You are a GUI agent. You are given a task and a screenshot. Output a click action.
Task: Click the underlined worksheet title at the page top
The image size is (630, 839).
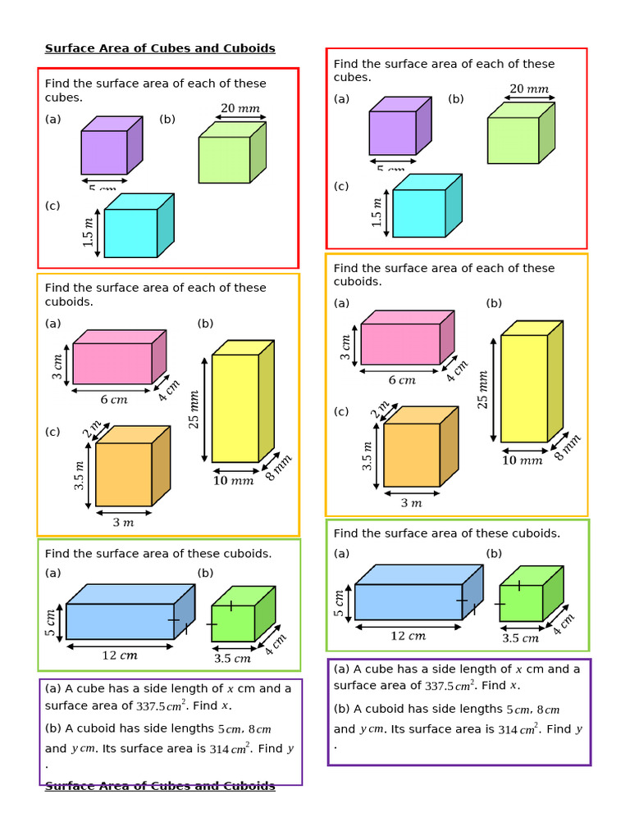pos(160,48)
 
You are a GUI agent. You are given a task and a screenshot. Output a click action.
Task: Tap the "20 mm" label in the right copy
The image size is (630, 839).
pos(529,89)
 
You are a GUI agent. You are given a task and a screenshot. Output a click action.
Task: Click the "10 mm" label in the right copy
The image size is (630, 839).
pos(522,460)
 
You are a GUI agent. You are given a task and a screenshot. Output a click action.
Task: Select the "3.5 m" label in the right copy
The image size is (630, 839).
pos(367,456)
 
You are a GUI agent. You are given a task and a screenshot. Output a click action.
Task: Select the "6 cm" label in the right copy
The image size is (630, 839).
pos(402,380)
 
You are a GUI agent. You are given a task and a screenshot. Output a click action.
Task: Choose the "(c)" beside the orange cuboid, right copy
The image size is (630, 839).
pos(341,411)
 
